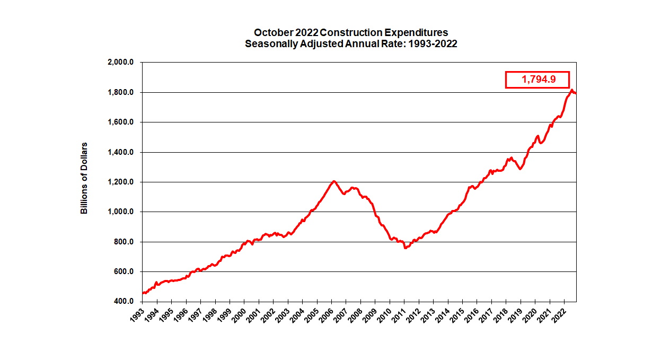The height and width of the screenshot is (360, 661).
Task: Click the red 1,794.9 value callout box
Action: [x=537, y=80]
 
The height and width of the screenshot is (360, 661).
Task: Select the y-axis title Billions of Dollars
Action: [x=84, y=178]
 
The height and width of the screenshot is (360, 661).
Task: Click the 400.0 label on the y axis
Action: [x=127, y=302]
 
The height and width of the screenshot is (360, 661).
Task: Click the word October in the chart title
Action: [x=271, y=33]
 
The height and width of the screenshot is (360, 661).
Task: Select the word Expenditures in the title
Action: [x=416, y=33]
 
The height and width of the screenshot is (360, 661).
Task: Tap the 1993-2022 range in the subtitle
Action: [x=433, y=44]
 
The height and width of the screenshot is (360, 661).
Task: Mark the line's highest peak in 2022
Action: [x=571, y=90]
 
